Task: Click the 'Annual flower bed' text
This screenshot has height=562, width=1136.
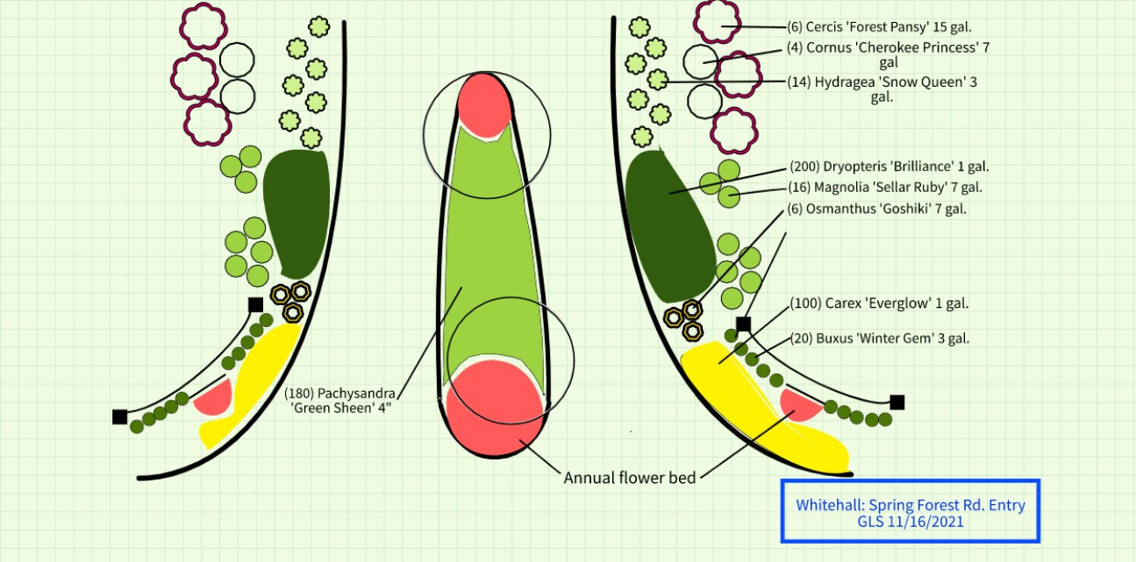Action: pyautogui.click(x=630, y=478)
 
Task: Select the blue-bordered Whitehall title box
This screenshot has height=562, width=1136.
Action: pyautogui.click(x=911, y=511)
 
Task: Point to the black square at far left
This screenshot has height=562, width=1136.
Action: pyautogui.click(x=119, y=416)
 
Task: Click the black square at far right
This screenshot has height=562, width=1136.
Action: pyautogui.click(x=897, y=402)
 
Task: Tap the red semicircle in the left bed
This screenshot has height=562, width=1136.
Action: pyautogui.click(x=214, y=399)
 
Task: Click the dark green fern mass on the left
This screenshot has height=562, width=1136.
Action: pyautogui.click(x=297, y=210)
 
